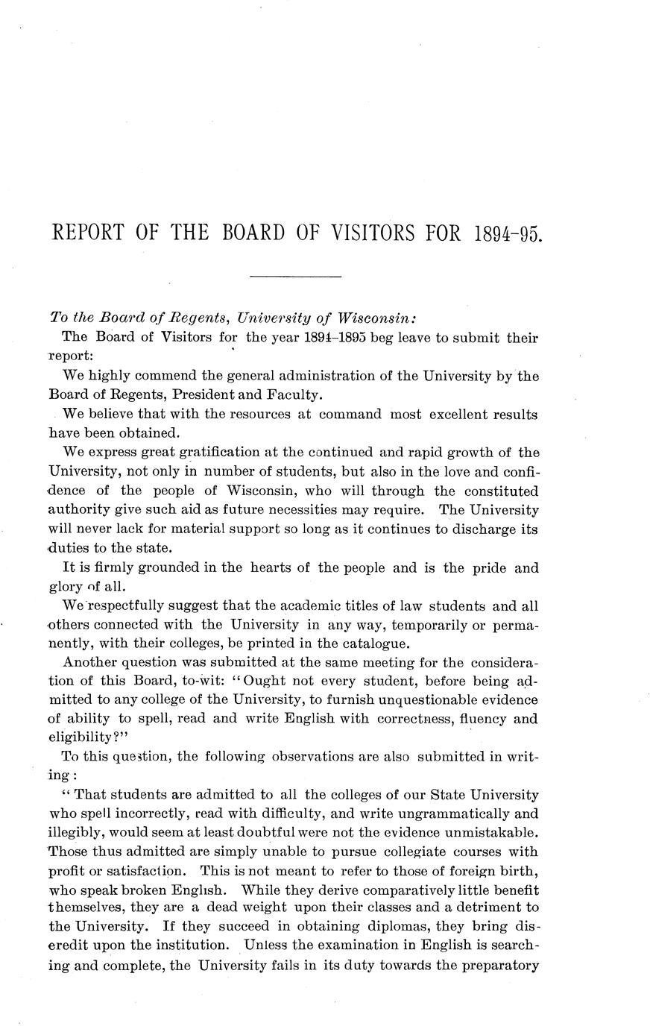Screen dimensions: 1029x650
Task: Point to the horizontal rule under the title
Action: (x=295, y=277)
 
